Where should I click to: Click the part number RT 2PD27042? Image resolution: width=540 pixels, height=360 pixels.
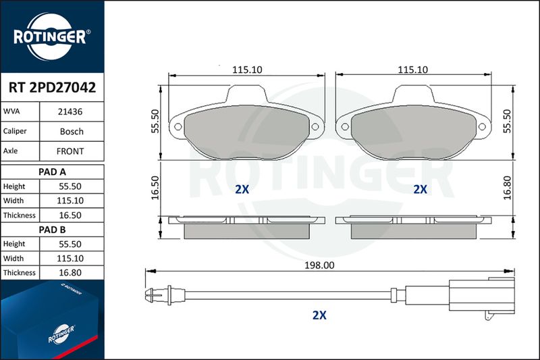[x=52, y=88]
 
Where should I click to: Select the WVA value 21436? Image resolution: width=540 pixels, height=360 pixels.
[x=70, y=111]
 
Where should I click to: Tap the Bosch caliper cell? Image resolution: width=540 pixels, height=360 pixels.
[x=72, y=131]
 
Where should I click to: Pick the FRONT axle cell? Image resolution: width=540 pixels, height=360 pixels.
[x=70, y=151]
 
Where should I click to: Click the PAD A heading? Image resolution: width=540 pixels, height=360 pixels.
[x=52, y=172]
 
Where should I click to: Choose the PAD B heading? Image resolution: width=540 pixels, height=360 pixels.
[x=52, y=230]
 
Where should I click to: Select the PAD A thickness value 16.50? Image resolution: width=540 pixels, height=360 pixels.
[x=70, y=215]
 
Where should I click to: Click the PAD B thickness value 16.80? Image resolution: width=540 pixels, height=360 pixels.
[x=70, y=272]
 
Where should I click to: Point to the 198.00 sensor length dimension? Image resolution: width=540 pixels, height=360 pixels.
[x=319, y=265]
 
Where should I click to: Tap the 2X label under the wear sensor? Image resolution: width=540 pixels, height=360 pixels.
[x=319, y=315]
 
